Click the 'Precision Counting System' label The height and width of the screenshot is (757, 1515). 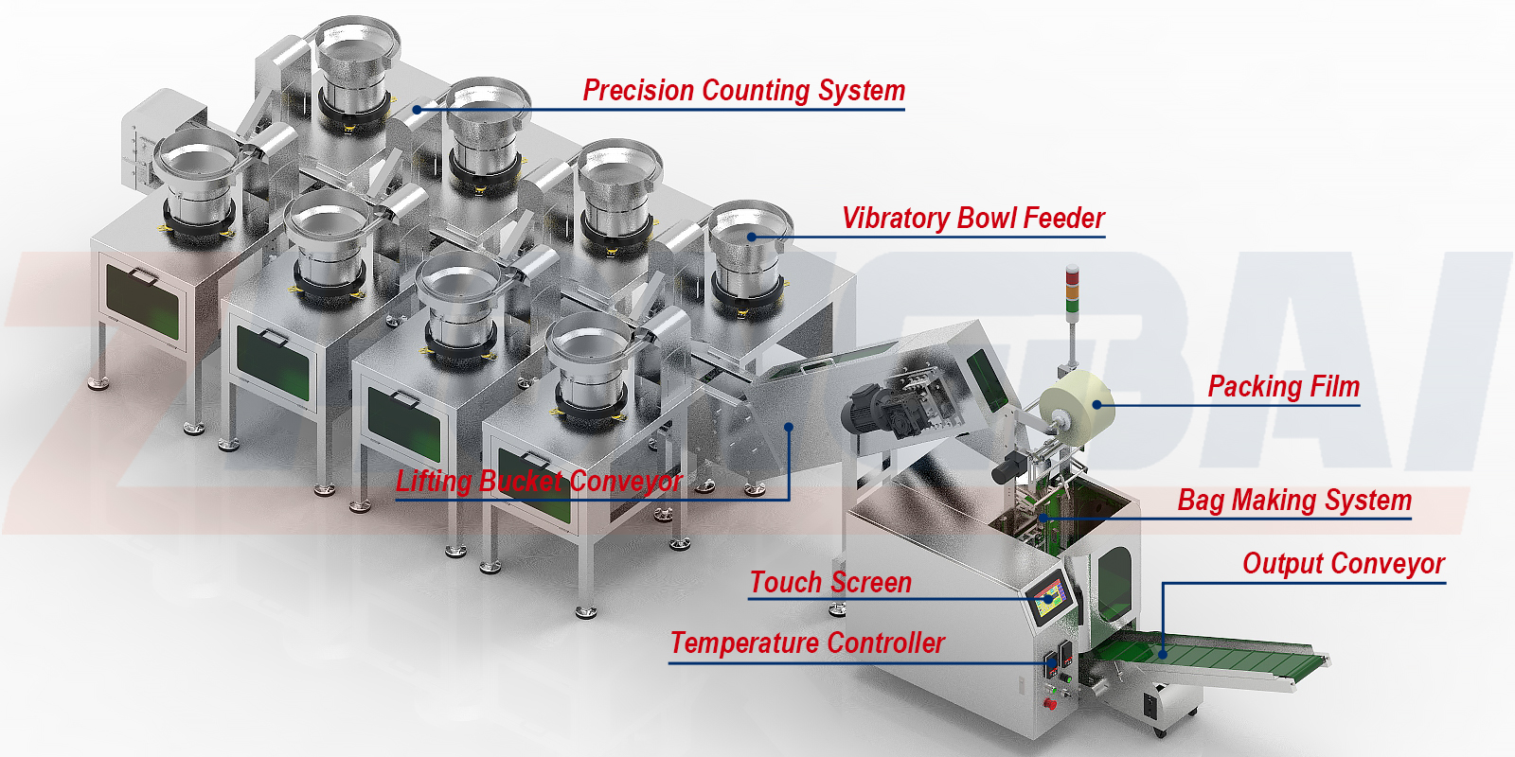point(744,91)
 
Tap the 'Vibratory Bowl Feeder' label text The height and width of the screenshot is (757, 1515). point(973,219)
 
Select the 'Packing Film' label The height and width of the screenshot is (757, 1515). point(1284,387)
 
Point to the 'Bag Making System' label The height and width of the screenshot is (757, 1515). point(1294,501)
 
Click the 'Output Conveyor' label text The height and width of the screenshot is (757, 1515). point(1344,564)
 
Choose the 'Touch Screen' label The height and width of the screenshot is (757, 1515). point(830,583)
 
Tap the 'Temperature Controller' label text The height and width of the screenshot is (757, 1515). point(807,643)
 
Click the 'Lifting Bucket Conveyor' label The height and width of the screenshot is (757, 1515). point(539,482)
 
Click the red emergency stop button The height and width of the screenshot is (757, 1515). point(1050,704)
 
